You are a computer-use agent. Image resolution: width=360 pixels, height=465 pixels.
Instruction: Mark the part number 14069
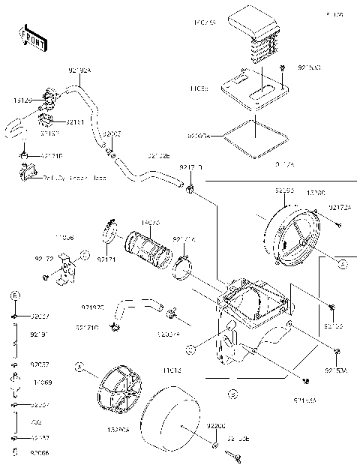tap(42, 382)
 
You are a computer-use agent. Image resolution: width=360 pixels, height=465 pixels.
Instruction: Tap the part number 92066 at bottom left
tap(41, 453)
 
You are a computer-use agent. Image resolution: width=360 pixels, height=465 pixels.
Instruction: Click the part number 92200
tap(217, 424)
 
